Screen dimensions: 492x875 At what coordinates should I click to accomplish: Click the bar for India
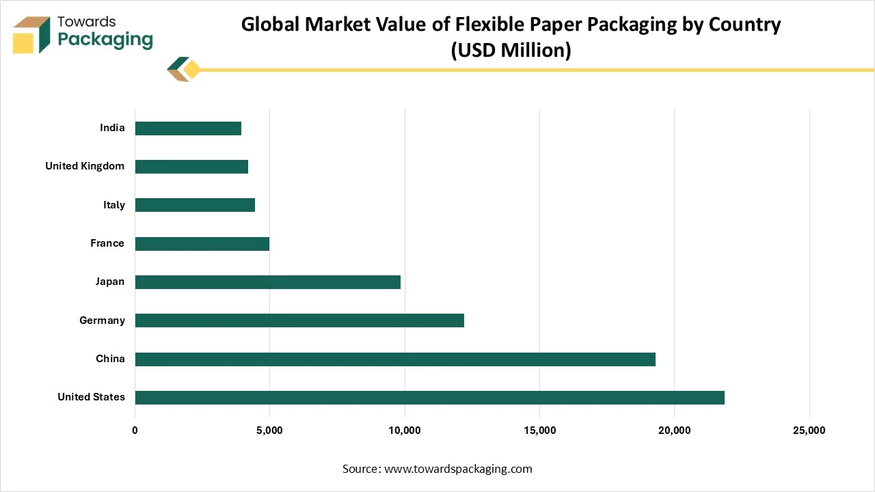tap(188, 128)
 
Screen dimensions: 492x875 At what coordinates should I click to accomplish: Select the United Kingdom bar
tap(191, 167)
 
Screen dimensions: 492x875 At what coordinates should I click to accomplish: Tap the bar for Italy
tap(195, 205)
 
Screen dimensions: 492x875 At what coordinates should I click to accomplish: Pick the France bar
tap(202, 244)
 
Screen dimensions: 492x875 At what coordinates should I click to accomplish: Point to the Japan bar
tap(267, 282)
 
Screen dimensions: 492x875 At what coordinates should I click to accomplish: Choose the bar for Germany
tap(299, 320)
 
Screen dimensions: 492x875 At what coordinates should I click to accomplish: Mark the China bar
tap(395, 359)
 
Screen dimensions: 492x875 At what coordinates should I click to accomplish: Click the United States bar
tap(429, 398)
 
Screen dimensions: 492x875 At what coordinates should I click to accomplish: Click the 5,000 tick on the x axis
tap(269, 430)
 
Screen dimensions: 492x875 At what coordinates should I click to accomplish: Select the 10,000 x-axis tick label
tap(405, 430)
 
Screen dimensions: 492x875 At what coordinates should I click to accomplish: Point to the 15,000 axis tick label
tap(539, 430)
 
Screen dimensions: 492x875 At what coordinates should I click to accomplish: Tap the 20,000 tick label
tap(674, 430)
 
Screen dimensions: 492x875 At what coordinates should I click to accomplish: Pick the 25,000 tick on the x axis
tap(809, 430)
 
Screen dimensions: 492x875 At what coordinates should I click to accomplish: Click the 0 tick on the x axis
tap(135, 430)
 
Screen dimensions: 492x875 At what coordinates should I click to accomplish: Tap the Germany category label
tap(102, 320)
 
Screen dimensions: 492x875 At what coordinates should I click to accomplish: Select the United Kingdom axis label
tap(85, 166)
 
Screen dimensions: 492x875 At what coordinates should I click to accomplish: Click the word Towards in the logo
tap(87, 22)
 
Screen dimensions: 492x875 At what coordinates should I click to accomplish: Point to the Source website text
tap(437, 469)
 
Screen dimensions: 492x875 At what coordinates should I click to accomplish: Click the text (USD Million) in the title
tap(511, 50)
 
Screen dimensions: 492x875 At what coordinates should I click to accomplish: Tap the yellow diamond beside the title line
tap(192, 69)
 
